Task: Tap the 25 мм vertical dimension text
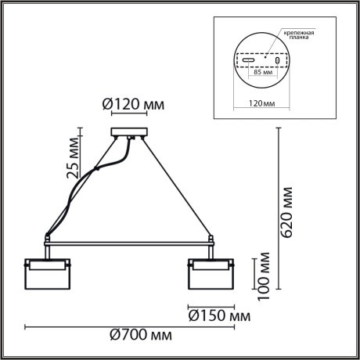[x=73, y=154]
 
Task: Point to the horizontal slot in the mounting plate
[x=247, y=60]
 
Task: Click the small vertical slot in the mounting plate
[x=277, y=60]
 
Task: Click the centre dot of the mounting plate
[x=265, y=57]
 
